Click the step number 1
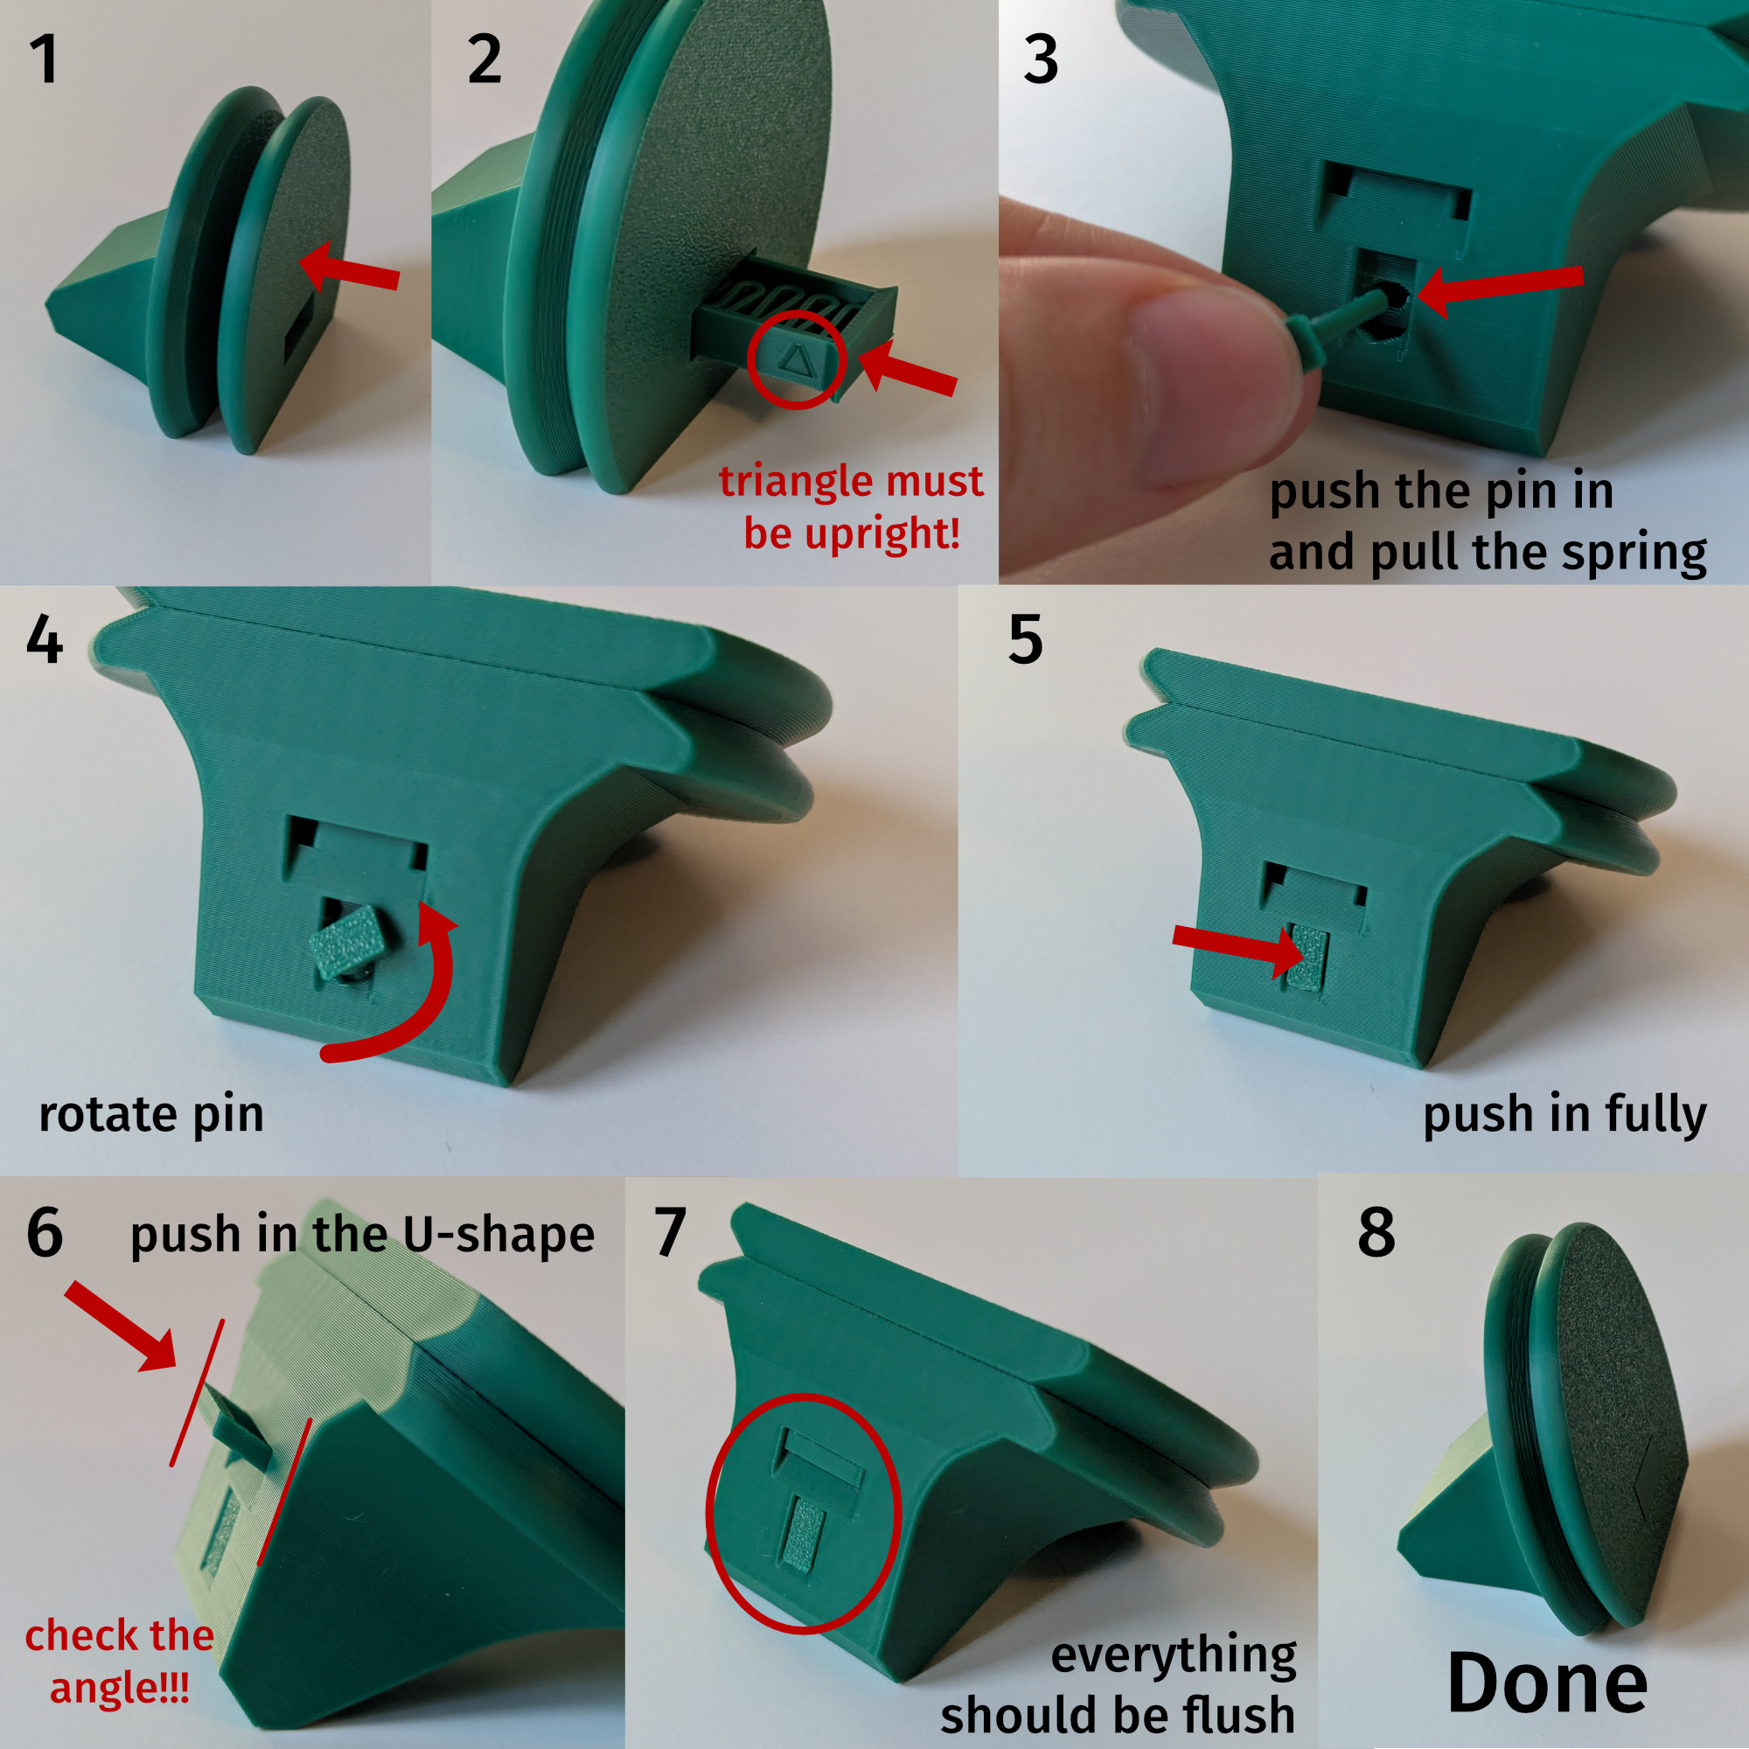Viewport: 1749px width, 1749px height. pos(45,59)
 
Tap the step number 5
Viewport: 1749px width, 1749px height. pos(1025,639)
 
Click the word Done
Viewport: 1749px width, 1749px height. pos(1547,1683)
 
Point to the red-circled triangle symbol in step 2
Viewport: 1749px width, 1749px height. pos(797,360)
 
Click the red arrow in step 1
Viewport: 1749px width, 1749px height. pos(349,268)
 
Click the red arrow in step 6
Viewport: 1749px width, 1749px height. pos(121,1327)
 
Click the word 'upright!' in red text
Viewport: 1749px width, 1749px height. pos(852,533)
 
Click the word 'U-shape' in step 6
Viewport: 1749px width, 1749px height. pos(498,1235)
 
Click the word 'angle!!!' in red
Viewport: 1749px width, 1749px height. pos(120,1689)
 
